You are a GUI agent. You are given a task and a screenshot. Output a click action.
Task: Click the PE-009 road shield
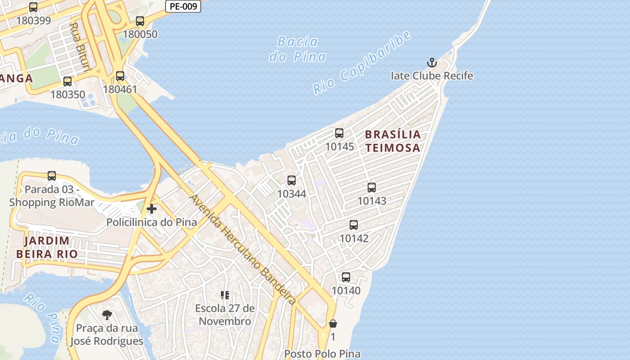tap(183, 6)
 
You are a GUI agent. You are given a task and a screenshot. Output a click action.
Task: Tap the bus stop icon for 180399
tap(33, 7)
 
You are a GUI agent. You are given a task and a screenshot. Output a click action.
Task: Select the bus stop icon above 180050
tap(140, 21)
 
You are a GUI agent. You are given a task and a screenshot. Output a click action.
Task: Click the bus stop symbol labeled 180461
tap(120, 76)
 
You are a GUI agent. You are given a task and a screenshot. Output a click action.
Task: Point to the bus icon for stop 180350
tap(67, 81)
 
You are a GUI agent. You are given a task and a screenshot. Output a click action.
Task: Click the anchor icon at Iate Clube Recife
tap(432, 63)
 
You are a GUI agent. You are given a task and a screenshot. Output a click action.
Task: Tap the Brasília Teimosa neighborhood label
tap(392, 141)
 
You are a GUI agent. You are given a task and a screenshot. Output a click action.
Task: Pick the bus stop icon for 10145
tap(339, 133)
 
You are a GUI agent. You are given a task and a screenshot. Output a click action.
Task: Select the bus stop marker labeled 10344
tap(292, 180)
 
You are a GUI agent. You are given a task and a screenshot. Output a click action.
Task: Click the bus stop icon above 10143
tap(372, 188)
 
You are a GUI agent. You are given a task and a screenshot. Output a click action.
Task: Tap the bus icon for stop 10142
tap(354, 225)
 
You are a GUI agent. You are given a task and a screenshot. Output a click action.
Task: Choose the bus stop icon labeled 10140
tap(346, 277)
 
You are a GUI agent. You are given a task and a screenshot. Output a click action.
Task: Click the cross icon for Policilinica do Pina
tap(152, 209)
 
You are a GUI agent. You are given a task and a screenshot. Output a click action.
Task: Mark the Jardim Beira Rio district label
tap(47, 247)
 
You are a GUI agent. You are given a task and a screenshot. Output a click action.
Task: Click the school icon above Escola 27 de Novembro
tap(225, 295)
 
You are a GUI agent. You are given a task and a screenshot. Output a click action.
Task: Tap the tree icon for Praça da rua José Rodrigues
tap(107, 315)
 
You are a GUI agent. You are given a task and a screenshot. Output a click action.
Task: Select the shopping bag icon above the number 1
tap(333, 324)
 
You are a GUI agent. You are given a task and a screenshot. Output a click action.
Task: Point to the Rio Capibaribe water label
tap(362, 63)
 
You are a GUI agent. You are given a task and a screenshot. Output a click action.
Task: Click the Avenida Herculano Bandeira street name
tap(243, 250)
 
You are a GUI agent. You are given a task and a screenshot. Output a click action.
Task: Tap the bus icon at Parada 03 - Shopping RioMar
tap(52, 176)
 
